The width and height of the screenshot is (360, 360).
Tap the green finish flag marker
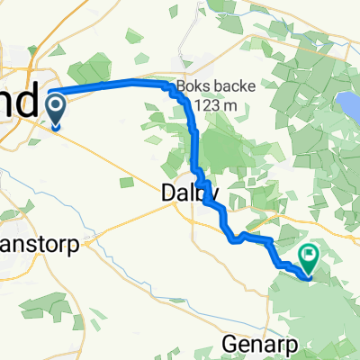coord(309,259)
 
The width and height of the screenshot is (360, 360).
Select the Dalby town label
coord(189,192)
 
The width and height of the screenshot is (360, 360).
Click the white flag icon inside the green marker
coord(309,256)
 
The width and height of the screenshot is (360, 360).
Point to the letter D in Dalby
coord(167,192)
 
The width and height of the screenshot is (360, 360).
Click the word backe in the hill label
coord(237,86)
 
